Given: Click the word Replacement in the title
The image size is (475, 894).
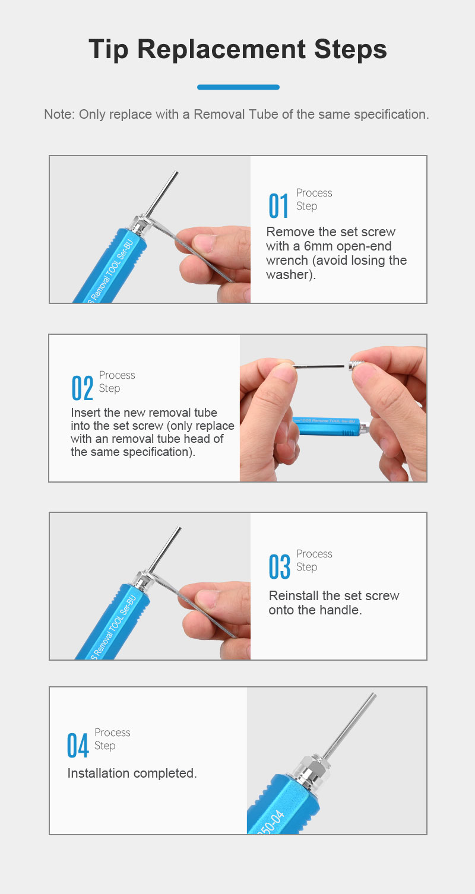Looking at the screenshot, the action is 222,49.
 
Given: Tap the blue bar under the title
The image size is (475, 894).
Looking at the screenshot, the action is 238,87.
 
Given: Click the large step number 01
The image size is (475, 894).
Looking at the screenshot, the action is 278,206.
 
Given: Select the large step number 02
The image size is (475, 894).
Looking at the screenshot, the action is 82,388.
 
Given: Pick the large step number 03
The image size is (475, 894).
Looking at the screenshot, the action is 279,567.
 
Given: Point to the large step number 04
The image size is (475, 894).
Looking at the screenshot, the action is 77,745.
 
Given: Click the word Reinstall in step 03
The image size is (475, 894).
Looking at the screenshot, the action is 294,595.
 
